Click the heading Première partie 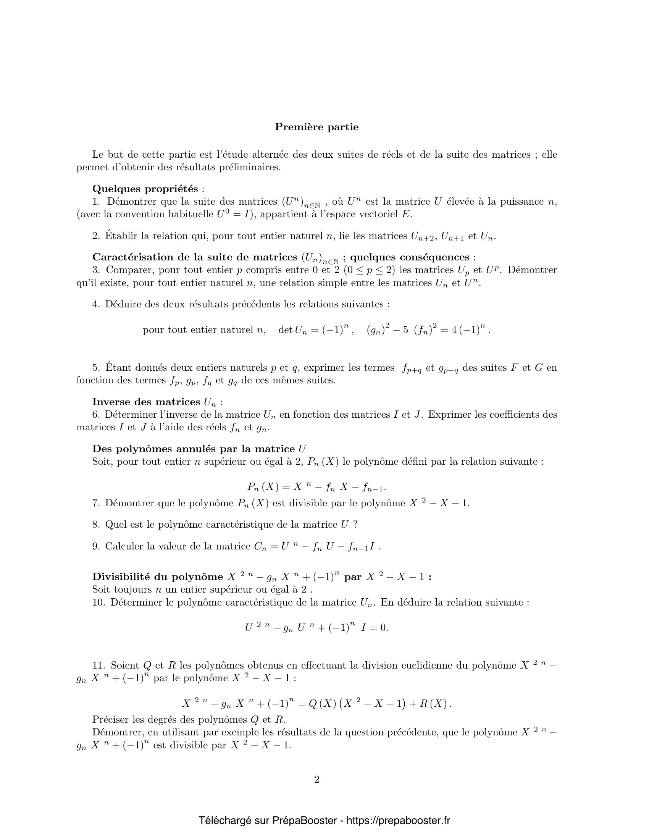(x=316, y=127)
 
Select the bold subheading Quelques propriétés (x=145, y=189)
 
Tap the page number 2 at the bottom (x=317, y=779)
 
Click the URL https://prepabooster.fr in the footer (x=398, y=820)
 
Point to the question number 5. (x=96, y=368)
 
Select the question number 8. (x=96, y=525)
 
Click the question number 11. (x=98, y=665)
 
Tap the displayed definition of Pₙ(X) (x=316, y=487)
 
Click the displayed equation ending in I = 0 (x=316, y=628)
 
